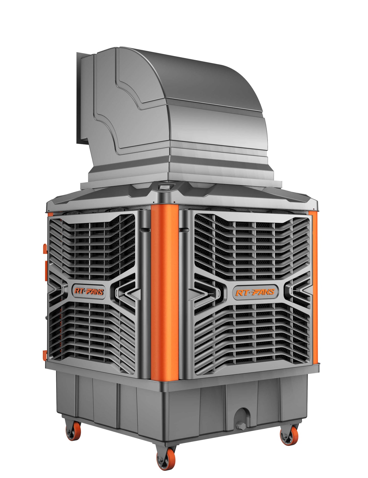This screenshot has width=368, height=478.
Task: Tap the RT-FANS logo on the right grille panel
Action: point(255,292)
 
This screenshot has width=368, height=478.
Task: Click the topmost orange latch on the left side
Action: point(45,249)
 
